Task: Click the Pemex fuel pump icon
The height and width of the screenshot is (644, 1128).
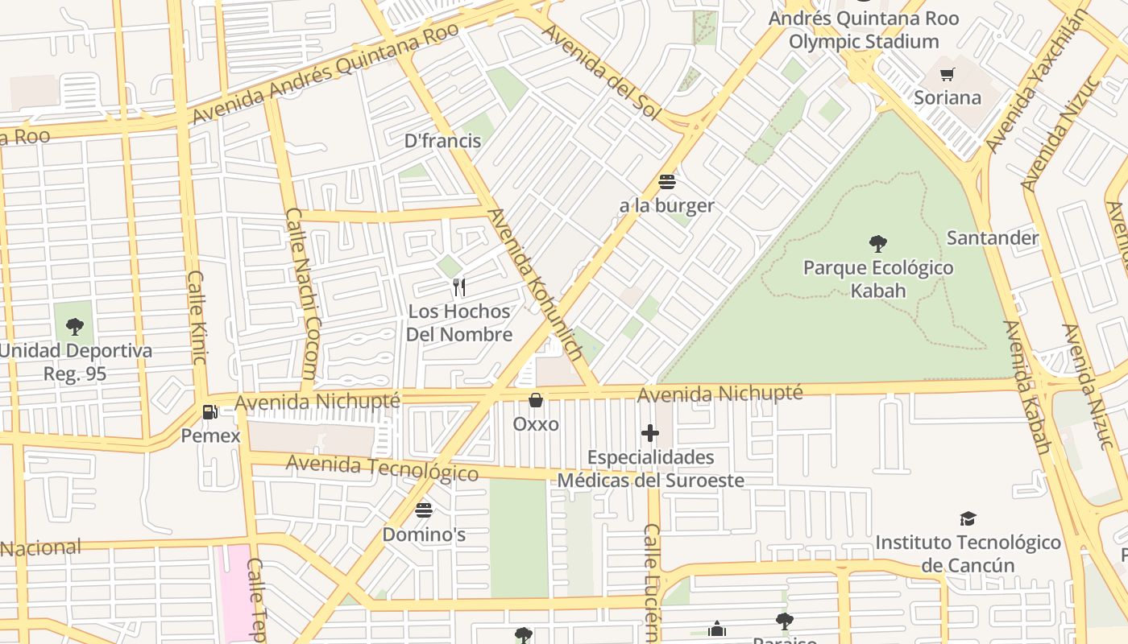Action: point(209,412)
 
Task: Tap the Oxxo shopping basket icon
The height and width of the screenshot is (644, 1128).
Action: point(536,400)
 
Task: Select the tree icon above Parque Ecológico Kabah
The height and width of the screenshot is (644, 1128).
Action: point(878,243)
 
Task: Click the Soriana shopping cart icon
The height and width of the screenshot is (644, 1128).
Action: point(948,75)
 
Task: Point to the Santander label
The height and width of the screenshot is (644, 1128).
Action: point(993,237)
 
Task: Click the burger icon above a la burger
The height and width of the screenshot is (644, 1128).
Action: point(667,182)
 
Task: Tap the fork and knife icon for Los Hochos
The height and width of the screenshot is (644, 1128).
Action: point(459,287)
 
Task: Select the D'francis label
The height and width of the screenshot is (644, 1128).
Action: point(442,141)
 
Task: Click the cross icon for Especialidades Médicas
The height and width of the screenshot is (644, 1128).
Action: point(650,433)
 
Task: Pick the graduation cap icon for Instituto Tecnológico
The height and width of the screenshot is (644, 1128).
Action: point(968,519)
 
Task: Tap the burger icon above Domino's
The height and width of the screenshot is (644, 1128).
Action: point(424,510)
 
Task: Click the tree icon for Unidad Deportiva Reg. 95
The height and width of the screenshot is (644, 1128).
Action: point(75,327)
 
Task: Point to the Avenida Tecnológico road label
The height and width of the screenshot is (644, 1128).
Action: point(382,468)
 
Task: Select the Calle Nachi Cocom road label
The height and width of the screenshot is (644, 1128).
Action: point(301,294)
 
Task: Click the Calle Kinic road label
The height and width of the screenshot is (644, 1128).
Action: point(197,317)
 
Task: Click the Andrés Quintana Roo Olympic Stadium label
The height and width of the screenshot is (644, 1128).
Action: point(864,30)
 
